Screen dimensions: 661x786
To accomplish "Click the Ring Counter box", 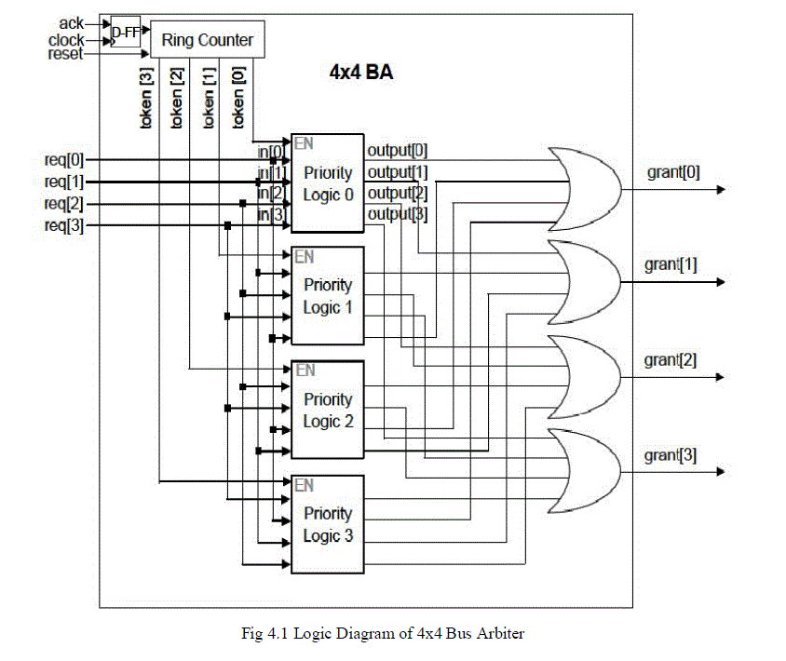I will click(208, 40).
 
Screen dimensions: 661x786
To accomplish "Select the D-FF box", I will click(125, 33).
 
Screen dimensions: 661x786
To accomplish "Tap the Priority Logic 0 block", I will click(328, 183).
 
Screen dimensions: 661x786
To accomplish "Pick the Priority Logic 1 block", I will click(328, 296).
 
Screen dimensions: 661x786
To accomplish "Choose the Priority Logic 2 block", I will click(328, 411).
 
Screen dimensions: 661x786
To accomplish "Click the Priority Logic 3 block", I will click(328, 524).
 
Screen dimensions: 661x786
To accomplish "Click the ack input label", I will click(71, 22).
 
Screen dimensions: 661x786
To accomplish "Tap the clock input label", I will click(66, 39).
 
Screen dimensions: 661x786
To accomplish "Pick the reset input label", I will click(66, 54).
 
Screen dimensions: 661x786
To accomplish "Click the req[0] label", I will click(64, 160).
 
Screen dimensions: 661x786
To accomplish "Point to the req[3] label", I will click(64, 224).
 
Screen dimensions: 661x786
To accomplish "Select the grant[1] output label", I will click(671, 264).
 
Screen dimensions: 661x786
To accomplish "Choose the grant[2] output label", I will click(671, 360).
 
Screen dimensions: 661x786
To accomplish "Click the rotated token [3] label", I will click(146, 98).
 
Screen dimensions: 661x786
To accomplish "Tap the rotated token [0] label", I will click(239, 98).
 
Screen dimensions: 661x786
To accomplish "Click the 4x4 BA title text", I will click(361, 72).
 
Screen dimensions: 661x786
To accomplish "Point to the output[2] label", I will click(398, 194).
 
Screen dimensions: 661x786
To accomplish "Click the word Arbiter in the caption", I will click(501, 634).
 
